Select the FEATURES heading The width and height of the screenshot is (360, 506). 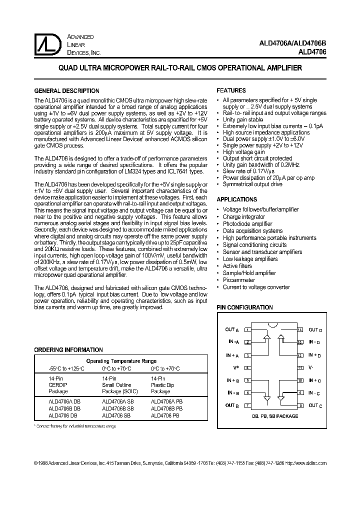click(231, 91)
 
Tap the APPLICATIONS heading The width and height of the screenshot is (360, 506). click(237, 199)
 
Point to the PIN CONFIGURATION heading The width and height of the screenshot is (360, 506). click(244, 308)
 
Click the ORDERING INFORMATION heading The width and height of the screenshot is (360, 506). click(68, 350)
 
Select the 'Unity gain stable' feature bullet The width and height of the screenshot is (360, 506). click(242, 120)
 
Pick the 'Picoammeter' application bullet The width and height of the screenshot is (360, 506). click(239, 280)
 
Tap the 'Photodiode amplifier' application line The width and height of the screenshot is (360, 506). click(247, 224)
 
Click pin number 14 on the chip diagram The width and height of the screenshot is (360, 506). click(300, 329)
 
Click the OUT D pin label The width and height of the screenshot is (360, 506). click(315, 329)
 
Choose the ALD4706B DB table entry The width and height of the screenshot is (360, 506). click(63, 408)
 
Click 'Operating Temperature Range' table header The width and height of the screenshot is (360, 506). click(121, 361)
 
